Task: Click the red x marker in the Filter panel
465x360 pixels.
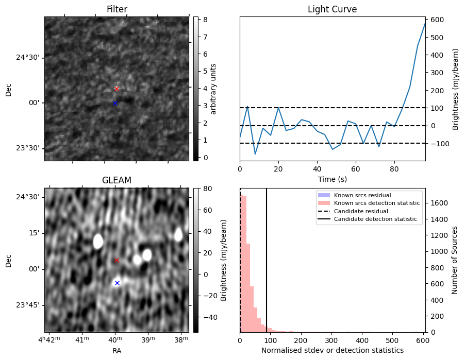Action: [117, 89]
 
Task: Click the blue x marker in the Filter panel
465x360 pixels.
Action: [115, 104]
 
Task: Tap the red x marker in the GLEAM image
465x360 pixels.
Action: [117, 260]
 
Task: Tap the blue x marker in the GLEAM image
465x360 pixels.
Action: [117, 283]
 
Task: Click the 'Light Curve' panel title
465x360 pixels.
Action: [332, 9]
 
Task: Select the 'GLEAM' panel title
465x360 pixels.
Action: [117, 180]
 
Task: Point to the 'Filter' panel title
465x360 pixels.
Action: [117, 9]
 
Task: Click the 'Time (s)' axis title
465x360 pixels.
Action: [332, 179]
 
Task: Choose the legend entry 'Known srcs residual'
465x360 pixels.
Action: [362, 195]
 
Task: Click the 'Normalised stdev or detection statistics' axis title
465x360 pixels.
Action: [332, 350]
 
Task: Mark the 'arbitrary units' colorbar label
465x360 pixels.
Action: [213, 89]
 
